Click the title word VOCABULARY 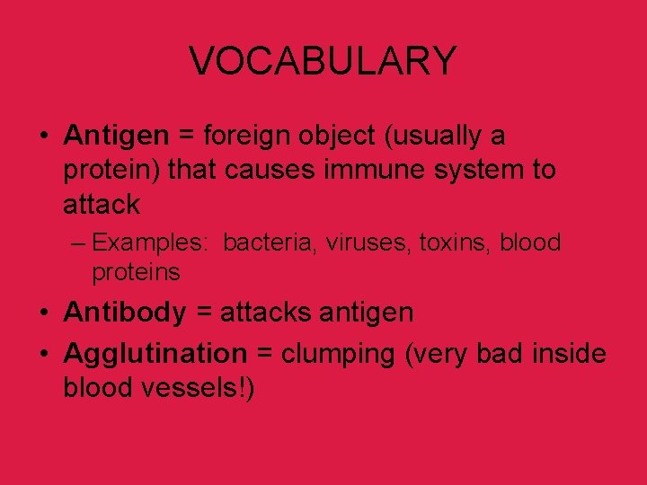point(323,61)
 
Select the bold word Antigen point(116,136)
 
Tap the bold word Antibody point(125,313)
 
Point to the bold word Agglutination point(155,354)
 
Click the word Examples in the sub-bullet point(151,242)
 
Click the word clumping point(338,355)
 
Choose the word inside point(570,354)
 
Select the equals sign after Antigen point(186,137)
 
